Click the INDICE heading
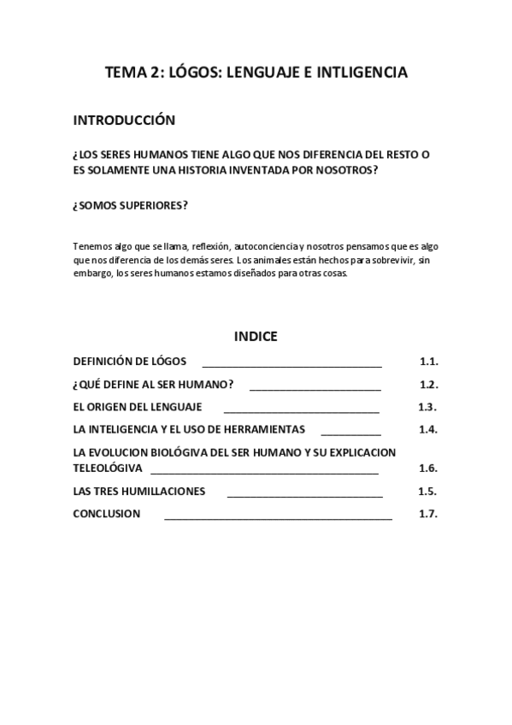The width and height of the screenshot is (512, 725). (x=256, y=336)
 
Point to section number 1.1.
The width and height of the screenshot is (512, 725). (x=428, y=361)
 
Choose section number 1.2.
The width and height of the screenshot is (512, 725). (x=428, y=384)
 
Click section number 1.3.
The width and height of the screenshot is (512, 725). (x=427, y=406)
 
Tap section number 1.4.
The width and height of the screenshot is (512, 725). (x=428, y=429)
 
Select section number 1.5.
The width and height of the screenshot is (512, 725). (x=427, y=492)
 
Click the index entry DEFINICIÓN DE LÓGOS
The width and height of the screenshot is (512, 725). (x=129, y=361)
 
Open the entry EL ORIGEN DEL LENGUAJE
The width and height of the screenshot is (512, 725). (x=137, y=406)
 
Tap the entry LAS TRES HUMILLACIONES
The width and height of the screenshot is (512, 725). (x=138, y=492)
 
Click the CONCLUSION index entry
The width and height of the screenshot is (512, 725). (x=106, y=514)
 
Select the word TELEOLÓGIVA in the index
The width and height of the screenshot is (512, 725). (x=108, y=469)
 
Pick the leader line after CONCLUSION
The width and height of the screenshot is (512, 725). (x=278, y=516)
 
